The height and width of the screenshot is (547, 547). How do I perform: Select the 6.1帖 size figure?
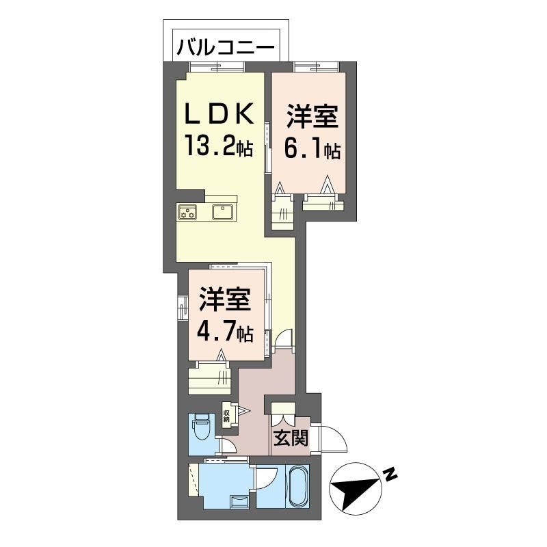click(x=312, y=149)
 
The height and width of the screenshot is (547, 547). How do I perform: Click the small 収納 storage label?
click(x=226, y=414)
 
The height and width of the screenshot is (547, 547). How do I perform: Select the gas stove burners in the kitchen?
click(x=188, y=213)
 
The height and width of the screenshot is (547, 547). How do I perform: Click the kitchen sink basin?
click(x=224, y=212)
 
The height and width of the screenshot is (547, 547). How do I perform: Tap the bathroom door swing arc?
click(x=267, y=480)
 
